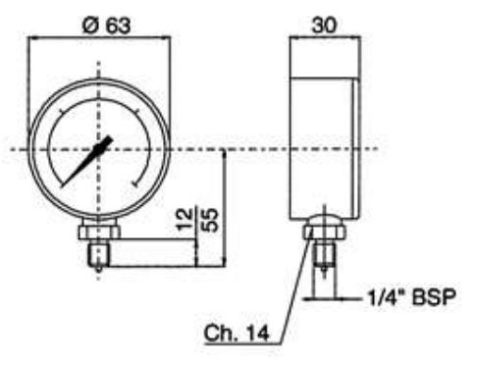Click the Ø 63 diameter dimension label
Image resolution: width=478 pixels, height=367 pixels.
(x=106, y=26)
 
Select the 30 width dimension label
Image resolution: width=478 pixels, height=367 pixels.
(x=324, y=26)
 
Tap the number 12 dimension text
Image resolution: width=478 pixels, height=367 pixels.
(x=185, y=219)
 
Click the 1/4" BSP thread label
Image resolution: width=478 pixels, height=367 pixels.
(x=411, y=297)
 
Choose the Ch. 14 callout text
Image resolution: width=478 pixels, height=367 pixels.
(x=237, y=334)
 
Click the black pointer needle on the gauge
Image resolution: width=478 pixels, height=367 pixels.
(x=87, y=161)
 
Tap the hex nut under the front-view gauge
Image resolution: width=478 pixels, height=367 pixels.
(x=99, y=231)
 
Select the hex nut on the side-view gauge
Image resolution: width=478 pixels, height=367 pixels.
(x=324, y=231)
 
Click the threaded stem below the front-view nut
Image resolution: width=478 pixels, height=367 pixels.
(x=99, y=254)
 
